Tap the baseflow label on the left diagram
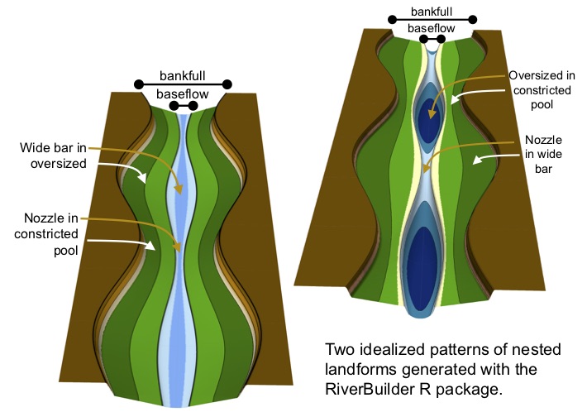click(x=182, y=93)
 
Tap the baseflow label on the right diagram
click(x=431, y=28)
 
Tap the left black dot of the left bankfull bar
click(x=138, y=84)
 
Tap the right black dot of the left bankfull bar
click(x=227, y=84)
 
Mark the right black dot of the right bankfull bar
click(x=472, y=19)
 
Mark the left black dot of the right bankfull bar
click(x=389, y=19)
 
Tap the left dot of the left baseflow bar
click(x=172, y=106)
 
